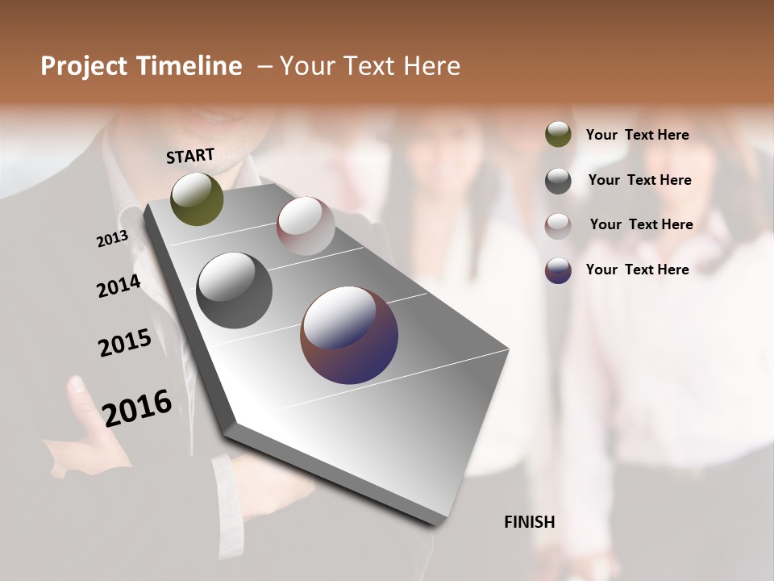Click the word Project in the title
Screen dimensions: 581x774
coord(85,66)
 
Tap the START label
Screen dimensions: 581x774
coord(190,156)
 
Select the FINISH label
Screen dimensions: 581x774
coord(530,522)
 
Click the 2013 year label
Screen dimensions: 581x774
coord(113,239)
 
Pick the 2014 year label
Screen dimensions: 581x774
coord(119,286)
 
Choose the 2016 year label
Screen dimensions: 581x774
coord(137,408)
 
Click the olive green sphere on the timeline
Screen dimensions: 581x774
coord(197,199)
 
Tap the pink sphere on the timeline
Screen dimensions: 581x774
coord(306,226)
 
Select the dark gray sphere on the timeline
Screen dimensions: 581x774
coord(234,290)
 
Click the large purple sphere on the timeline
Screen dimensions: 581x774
coord(349,335)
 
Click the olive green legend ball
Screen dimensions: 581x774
coord(558,135)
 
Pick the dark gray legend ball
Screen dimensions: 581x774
coord(558,181)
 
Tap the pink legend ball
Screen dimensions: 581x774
coord(558,225)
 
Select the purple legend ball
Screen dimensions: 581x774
coord(558,270)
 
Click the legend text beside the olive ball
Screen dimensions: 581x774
coord(638,136)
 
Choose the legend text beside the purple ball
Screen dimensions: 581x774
coord(638,270)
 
